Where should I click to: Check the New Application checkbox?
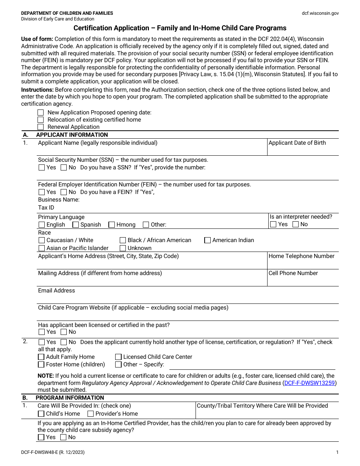click(41, 113)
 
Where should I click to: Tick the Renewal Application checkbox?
click(41, 127)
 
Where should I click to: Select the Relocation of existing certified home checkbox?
click(41, 120)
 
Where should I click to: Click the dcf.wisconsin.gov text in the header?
click(320, 13)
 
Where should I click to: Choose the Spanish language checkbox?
click(75, 225)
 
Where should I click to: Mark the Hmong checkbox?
click(111, 225)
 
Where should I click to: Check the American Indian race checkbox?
click(207, 240)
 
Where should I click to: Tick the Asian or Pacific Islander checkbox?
click(41, 248)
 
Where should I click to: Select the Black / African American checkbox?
click(123, 240)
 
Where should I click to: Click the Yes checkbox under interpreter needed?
click(273, 224)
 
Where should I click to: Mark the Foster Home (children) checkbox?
click(41, 364)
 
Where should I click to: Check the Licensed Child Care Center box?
click(118, 357)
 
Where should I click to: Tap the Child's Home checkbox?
click(41, 414)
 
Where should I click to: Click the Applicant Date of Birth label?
click(297, 143)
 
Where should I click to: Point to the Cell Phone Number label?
click(293, 273)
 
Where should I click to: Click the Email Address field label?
click(56, 291)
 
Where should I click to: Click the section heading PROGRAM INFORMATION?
click(70, 398)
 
